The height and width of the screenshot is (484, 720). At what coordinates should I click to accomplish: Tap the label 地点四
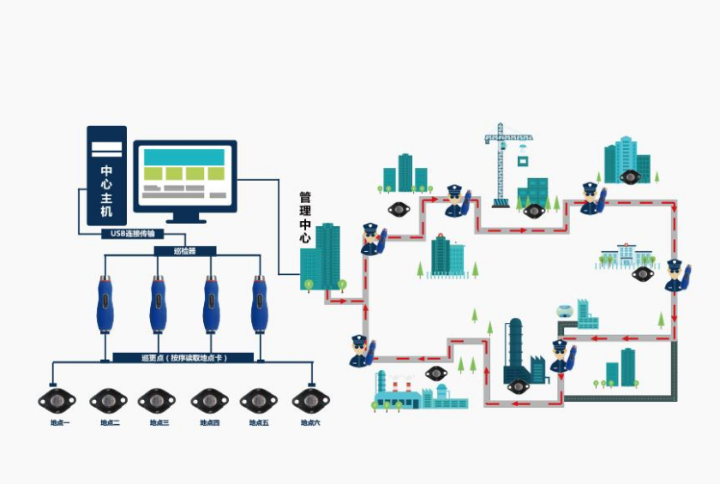[x=210, y=423]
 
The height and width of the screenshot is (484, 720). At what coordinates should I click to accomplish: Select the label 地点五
[x=259, y=423]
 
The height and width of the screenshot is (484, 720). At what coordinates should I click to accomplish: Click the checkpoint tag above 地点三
[x=158, y=400]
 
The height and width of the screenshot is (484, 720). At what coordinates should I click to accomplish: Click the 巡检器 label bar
[x=184, y=251]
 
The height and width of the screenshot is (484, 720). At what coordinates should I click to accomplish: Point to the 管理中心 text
[x=305, y=218]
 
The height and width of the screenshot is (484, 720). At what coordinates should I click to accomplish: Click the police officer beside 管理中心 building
[x=372, y=239]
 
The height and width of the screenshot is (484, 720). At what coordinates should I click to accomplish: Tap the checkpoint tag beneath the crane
[x=534, y=211]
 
